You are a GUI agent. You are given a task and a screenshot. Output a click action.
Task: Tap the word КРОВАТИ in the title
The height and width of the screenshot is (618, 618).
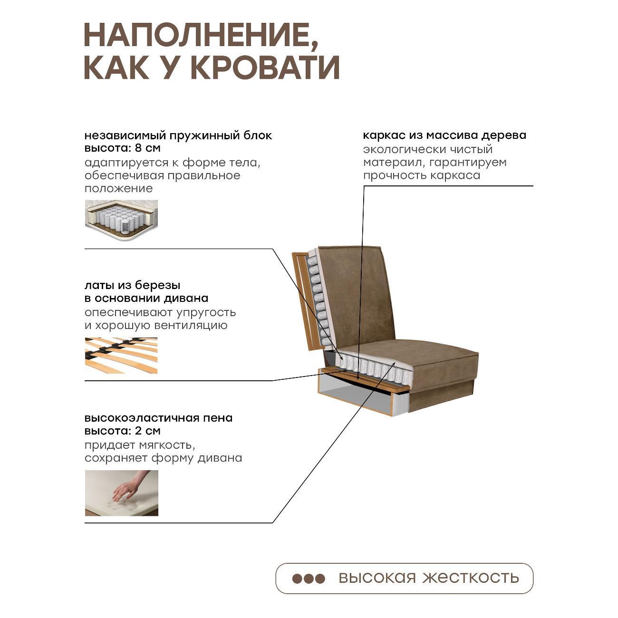point(266,68)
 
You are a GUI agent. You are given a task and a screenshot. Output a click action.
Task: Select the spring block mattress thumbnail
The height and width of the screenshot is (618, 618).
point(121,220)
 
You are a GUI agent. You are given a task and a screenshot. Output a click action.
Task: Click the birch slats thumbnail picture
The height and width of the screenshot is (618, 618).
point(121,355)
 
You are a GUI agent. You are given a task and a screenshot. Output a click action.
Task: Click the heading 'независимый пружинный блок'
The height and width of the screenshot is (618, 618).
point(178,135)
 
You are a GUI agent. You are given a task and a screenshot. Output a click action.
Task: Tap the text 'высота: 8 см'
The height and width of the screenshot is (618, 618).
point(123,148)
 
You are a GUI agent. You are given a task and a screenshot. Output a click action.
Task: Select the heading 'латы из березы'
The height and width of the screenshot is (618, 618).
point(133,285)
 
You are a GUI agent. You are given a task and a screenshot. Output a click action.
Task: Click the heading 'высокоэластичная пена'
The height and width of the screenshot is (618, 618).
point(158,418)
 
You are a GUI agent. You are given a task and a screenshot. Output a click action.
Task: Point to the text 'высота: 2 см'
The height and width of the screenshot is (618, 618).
point(123,431)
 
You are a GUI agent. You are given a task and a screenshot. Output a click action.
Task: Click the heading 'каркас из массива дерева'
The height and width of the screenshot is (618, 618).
point(444,135)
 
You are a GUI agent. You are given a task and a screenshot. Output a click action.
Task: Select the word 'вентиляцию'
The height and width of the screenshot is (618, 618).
point(191,326)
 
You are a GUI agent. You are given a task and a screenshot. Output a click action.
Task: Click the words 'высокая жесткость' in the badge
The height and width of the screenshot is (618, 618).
point(429,578)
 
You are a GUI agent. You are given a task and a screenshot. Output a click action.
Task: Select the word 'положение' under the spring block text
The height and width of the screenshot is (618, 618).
point(119,189)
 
